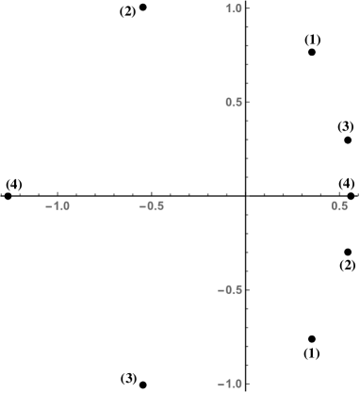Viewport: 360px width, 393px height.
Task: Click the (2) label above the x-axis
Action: click(127, 11)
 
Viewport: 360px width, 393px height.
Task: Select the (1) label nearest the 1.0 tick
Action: click(313, 40)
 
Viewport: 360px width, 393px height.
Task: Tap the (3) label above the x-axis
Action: click(346, 126)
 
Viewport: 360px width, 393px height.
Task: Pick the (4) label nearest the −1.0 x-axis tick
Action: click(14, 184)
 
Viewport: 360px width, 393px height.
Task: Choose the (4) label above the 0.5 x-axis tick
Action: click(347, 183)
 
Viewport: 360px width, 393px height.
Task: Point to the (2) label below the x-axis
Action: click(348, 266)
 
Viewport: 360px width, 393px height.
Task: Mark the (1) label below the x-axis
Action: click(312, 353)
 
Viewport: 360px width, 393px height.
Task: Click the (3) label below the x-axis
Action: click(129, 378)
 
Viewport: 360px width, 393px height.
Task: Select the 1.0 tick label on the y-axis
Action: click(234, 8)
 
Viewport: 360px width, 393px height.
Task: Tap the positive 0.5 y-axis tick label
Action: click(234, 102)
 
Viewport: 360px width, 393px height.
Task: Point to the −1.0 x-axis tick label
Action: click(58, 205)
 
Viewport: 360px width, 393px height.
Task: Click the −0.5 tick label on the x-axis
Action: click(152, 205)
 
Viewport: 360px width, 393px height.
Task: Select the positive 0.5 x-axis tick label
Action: click(340, 205)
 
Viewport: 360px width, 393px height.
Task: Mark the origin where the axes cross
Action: click(247, 194)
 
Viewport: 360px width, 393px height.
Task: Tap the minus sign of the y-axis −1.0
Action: click(221, 384)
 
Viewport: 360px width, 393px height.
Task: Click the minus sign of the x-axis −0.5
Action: click(142, 205)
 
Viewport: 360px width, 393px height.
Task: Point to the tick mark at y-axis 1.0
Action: click(247, 8)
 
